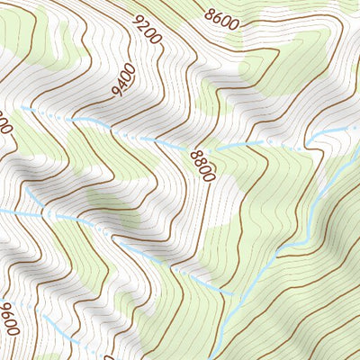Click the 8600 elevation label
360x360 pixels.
pos(221,17)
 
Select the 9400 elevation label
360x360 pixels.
pos(121,79)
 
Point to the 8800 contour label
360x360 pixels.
pos(202,166)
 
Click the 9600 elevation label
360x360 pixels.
pos(9,319)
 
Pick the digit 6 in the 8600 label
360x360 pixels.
pos(219,16)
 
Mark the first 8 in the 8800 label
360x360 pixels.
pos(195,155)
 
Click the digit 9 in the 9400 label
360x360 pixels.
pos(116,90)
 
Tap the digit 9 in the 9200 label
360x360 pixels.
pos(138,19)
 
